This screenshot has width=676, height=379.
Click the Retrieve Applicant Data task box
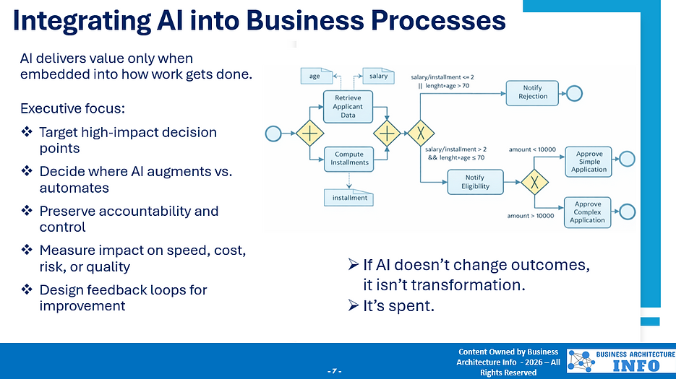348,106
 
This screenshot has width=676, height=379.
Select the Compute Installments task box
348,158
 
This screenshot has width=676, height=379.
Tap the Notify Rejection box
532,92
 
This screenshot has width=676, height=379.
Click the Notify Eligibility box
475,181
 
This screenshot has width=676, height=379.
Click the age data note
315,76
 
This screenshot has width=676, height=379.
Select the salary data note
377,76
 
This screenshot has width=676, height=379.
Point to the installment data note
349,197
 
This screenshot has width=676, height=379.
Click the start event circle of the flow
273,134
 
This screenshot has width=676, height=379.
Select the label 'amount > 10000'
531,216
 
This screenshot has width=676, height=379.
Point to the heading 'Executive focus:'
72,109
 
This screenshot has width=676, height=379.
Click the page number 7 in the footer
334,371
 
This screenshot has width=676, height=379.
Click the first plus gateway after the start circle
309,134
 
